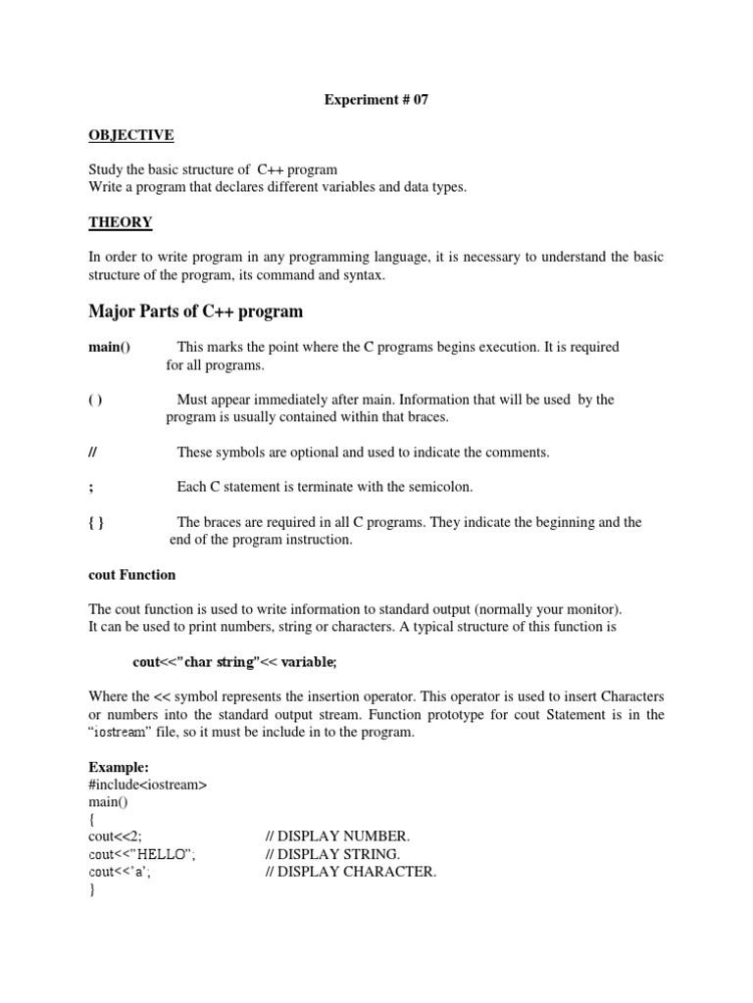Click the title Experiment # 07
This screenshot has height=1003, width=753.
pos(376,99)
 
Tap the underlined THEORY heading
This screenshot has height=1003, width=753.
pos(121,222)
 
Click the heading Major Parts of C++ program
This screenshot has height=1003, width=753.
pos(195,311)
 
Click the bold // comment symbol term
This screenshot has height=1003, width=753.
pos(93,452)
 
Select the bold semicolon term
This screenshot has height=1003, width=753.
pos(90,487)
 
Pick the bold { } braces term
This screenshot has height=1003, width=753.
pos(96,522)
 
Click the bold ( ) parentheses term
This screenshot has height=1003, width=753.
pos(95,400)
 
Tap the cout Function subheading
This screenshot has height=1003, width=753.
pos(131,575)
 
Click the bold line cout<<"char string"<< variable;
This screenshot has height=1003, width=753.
pos(234,662)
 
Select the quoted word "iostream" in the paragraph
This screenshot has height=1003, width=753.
pos(129,733)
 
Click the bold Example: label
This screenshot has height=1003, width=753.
pos(118,767)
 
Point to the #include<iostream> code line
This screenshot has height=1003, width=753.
pos(147,784)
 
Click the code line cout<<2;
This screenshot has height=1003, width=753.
pos(115,836)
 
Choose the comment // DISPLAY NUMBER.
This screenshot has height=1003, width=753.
pos(337,836)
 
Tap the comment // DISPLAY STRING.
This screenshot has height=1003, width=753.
pos(332,854)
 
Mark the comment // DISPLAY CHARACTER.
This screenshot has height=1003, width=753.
pos(350,872)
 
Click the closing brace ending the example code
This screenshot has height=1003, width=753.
pos(92,889)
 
